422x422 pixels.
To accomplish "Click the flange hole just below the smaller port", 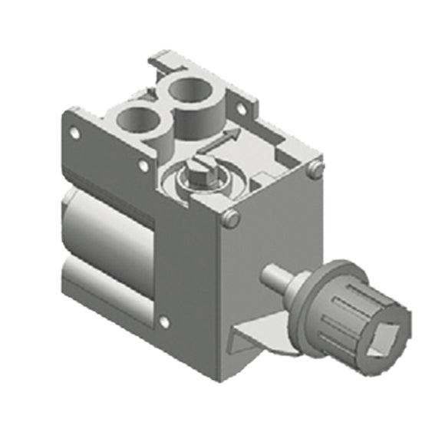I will click(x=142, y=163).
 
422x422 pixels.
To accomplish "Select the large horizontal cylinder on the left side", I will click(x=107, y=230).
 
